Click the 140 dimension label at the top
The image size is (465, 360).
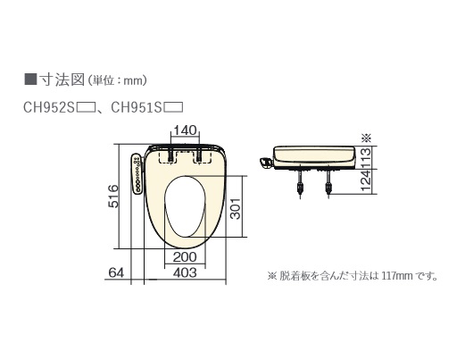click(x=185, y=130)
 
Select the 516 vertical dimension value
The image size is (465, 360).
click(x=113, y=197)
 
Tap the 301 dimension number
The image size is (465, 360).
click(x=236, y=208)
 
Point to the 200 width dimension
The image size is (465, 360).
click(x=185, y=257)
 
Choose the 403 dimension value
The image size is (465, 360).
click(x=185, y=272)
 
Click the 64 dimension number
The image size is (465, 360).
click(x=116, y=272)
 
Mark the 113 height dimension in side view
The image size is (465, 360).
click(x=366, y=158)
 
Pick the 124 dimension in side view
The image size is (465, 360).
click(x=366, y=181)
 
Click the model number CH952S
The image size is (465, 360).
click(x=49, y=108)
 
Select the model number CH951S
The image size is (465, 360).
click(x=137, y=108)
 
